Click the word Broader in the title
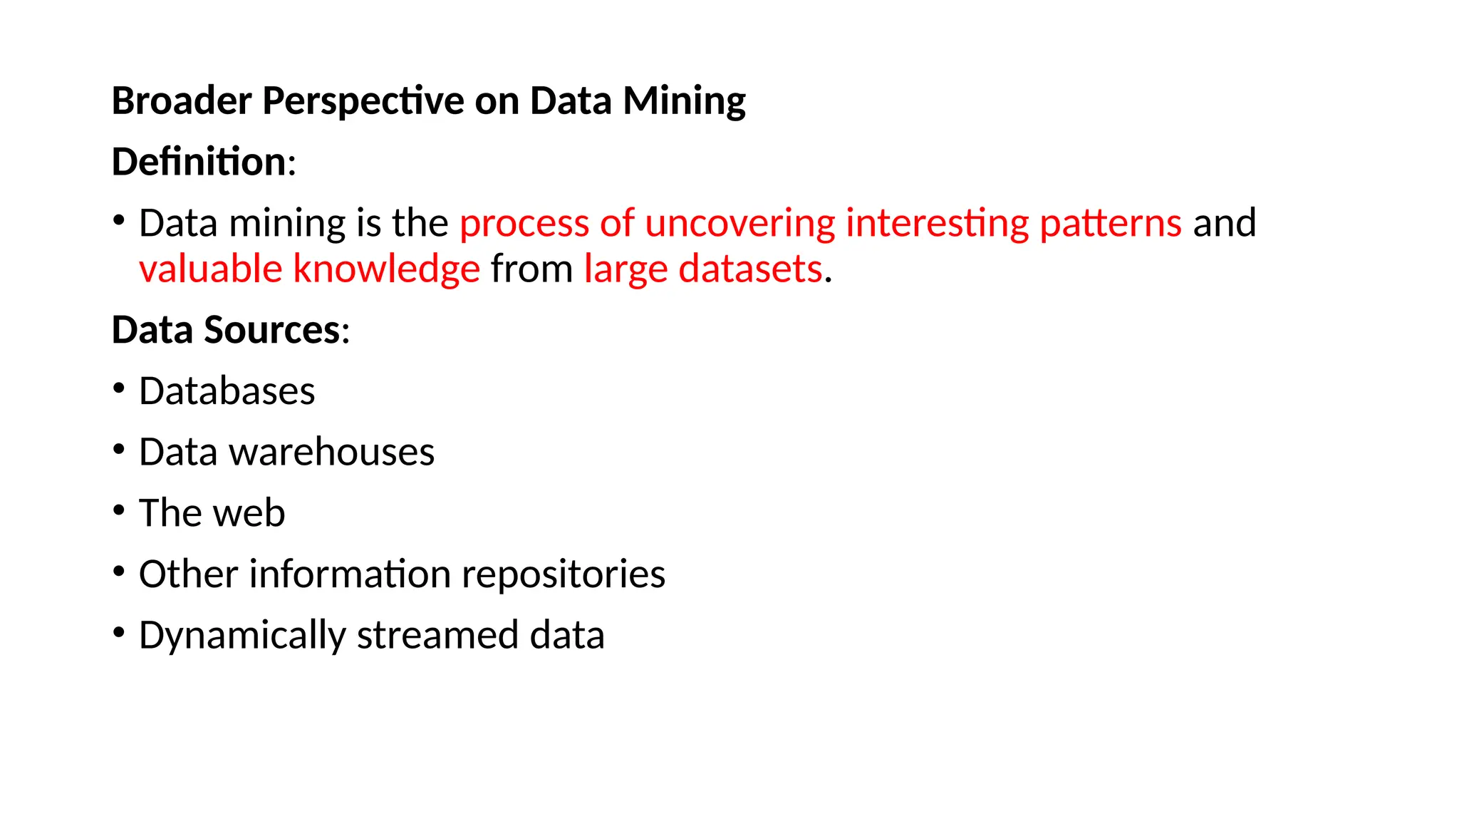[x=182, y=100]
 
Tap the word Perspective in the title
[x=363, y=100]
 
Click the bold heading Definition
[x=199, y=162]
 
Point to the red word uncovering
[x=739, y=223]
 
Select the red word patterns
[x=1111, y=223]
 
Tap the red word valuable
[x=211, y=269]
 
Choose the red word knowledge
[x=387, y=269]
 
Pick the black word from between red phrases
[x=531, y=269]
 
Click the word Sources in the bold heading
[x=272, y=330]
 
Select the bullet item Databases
[x=227, y=391]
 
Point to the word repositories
[x=564, y=574]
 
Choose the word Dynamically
[x=242, y=636]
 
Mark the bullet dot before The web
[x=119, y=510]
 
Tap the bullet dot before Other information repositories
[x=119, y=572]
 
